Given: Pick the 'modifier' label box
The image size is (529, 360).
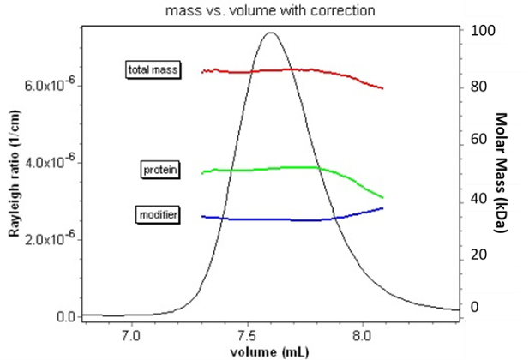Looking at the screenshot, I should [159, 214].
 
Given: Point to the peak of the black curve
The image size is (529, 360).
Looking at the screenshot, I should [271, 33].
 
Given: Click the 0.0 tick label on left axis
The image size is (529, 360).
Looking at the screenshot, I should [67, 317].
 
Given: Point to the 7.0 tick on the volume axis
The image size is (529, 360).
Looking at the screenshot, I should [131, 333].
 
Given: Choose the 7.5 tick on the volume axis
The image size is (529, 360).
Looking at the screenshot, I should [247, 333].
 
